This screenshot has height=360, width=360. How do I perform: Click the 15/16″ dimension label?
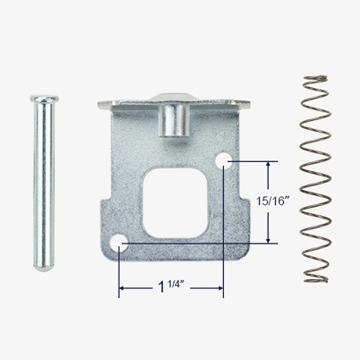point(269,201)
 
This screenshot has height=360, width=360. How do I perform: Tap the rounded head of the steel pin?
point(44,99)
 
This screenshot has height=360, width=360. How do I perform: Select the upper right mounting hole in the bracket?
point(223,160)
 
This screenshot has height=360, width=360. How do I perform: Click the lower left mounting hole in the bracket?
point(119,242)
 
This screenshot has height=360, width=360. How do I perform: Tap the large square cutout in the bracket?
point(174,203)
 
